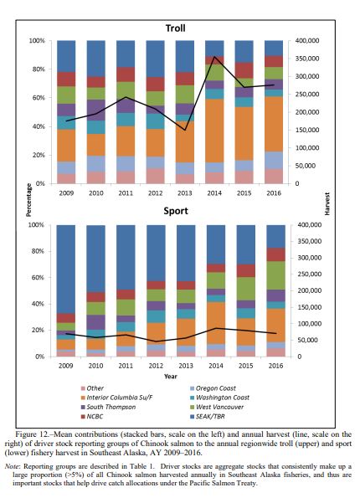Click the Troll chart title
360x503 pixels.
click(x=175, y=28)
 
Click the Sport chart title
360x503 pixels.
click(x=176, y=211)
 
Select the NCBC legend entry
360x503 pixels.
click(x=92, y=417)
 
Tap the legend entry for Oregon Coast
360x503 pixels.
click(x=213, y=388)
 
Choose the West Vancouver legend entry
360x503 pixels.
click(x=217, y=407)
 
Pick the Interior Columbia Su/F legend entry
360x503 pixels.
click(x=117, y=398)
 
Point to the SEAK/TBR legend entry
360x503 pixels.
click(x=208, y=417)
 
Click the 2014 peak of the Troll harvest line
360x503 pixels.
click(x=214, y=56)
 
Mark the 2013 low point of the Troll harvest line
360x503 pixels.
click(x=185, y=130)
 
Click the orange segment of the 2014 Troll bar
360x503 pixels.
click(x=214, y=131)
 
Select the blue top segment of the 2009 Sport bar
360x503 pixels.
click(x=65, y=269)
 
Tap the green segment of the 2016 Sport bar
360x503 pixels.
click(x=276, y=275)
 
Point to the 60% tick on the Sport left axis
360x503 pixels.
click(x=38, y=278)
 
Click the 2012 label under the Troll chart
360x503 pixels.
click(x=155, y=193)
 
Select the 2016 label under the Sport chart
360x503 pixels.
click(x=275, y=366)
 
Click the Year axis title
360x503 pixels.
click(x=171, y=377)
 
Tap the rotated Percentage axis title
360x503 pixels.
click(x=28, y=200)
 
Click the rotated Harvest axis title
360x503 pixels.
click(x=327, y=203)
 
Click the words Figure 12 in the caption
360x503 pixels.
click(x=32, y=434)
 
